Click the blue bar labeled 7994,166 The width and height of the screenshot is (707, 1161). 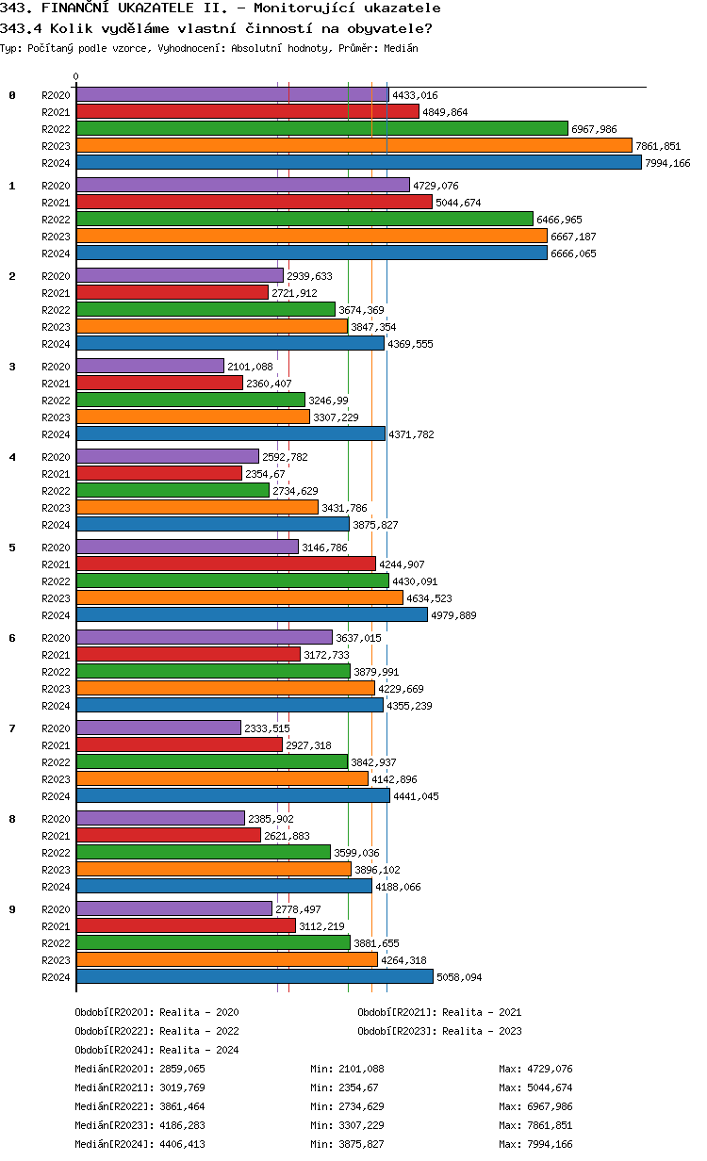358,163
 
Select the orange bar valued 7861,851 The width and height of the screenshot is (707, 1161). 353,146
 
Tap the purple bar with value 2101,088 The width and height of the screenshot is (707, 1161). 150,367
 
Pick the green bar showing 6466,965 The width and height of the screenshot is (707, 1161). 304,220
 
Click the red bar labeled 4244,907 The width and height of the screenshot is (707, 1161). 225,564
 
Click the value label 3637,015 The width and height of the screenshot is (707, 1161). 358,638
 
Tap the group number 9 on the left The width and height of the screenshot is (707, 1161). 12,909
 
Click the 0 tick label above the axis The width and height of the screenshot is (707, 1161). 76,77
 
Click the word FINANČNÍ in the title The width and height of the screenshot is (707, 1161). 78,8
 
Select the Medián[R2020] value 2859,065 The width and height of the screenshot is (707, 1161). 182,1069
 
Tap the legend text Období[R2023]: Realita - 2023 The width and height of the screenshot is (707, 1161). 439,1031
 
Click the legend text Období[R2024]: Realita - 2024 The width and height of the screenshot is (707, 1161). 156,1050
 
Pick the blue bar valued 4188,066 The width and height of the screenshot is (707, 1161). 224,887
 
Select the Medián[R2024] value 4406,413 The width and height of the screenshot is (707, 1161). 182,1144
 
